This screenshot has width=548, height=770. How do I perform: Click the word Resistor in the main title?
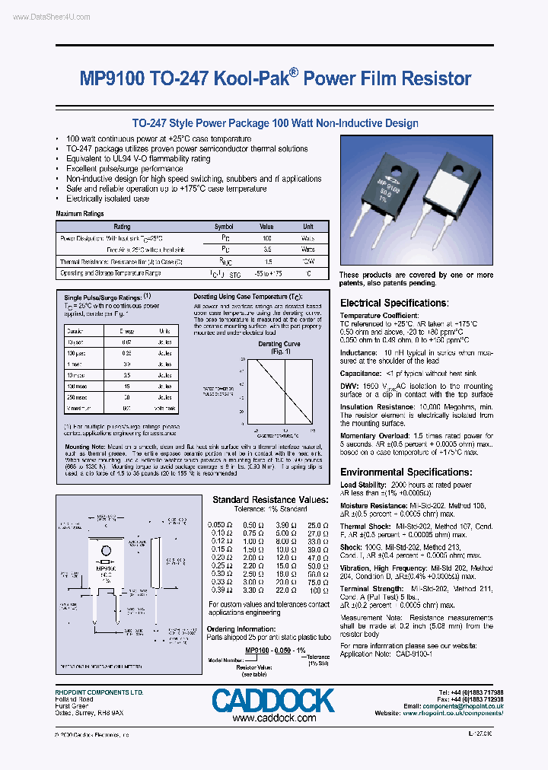point(435,78)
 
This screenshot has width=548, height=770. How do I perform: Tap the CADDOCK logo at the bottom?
point(273,700)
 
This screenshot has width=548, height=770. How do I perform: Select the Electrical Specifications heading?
point(403,303)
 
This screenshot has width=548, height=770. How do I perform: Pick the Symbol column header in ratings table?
point(224,227)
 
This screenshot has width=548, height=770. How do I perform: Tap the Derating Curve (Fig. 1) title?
point(279,347)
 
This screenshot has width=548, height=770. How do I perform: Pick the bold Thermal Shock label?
point(366,526)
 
